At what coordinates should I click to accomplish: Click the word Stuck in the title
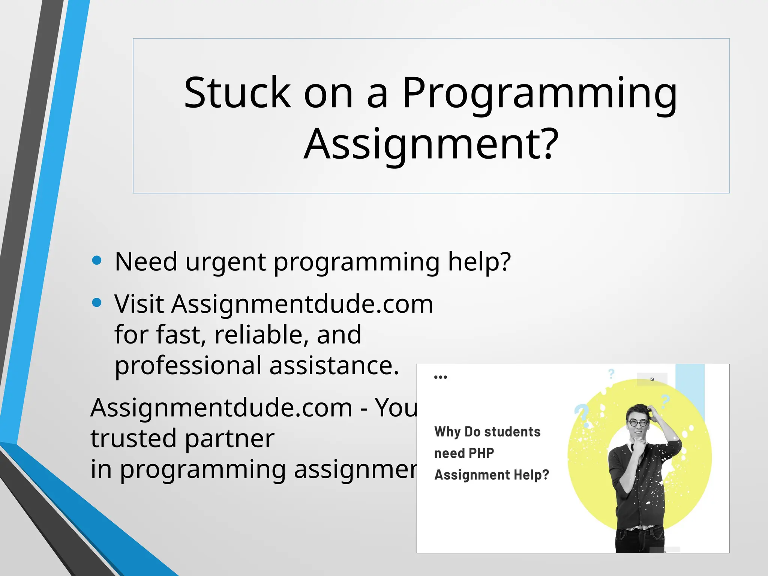click(237, 93)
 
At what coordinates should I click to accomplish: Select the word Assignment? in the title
click(431, 144)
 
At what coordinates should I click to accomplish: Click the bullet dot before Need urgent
click(97, 260)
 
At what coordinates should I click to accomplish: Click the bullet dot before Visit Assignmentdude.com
click(97, 302)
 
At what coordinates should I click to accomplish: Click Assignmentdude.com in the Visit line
click(302, 304)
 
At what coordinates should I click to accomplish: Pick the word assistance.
click(334, 366)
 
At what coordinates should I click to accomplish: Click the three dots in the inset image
click(440, 377)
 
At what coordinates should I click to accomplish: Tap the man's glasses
click(638, 423)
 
